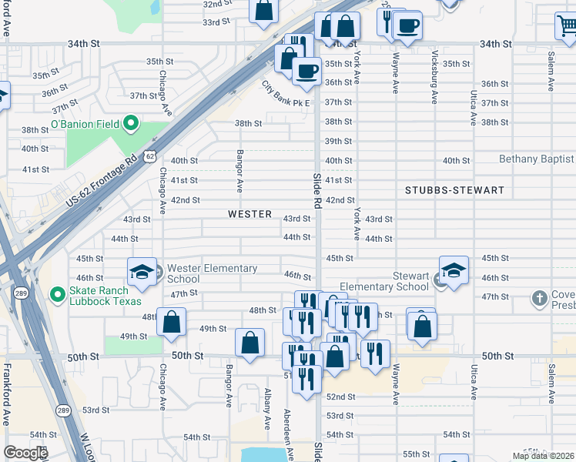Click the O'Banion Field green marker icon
pos(131,122)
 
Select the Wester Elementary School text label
pos(212,273)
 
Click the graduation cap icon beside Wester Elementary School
pos(142,272)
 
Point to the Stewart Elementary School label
pos(384,281)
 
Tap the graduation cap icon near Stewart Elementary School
pos(454,270)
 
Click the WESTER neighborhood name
pos(249,214)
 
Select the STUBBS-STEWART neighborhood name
pos(455,190)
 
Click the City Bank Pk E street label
pos(286,95)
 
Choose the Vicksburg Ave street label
pos(434,77)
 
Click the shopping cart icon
pos(567,26)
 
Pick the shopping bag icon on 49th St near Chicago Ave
pos(171,321)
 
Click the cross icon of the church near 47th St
pos(541,297)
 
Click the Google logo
pos(25,453)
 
